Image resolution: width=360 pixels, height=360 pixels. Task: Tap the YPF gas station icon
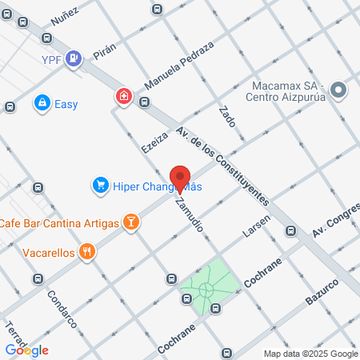[74, 57]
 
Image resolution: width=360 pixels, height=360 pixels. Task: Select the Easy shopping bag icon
[42, 103]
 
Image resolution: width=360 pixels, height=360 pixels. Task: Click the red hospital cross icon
[123, 97]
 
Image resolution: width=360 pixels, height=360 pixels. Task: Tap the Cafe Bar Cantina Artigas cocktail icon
[130, 222]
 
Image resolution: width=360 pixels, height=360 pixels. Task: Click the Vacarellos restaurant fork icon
[88, 252]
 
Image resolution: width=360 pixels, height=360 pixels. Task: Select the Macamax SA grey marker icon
[338, 90]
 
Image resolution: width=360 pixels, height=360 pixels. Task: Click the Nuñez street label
[63, 14]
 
